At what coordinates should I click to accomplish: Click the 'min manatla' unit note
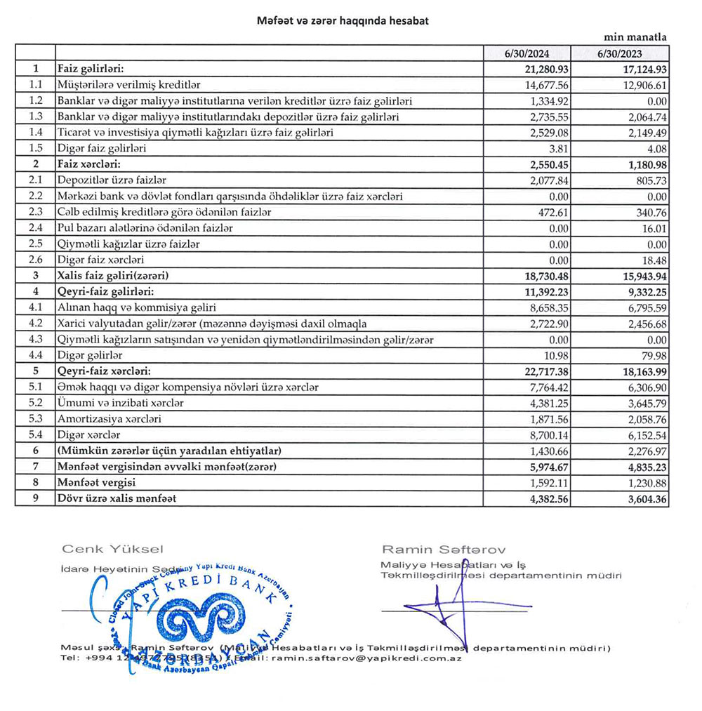pyautogui.click(x=635, y=37)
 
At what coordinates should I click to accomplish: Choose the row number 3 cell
pyautogui.click(x=35, y=276)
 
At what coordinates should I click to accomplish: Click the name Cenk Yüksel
pyautogui.click(x=112, y=548)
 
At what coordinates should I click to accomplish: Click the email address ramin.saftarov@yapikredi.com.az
pyautogui.click(x=365, y=658)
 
